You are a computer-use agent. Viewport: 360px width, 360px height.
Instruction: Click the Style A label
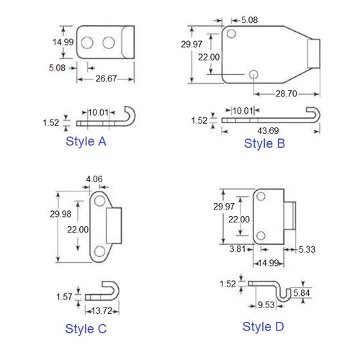86,141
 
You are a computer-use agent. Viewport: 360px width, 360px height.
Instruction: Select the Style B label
264,143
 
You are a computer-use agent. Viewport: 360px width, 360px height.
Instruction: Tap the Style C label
86,329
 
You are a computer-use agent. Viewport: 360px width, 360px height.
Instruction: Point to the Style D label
264,326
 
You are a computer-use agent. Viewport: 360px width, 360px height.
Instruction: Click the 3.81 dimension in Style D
236,250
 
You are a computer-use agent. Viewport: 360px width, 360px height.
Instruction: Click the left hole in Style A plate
86,43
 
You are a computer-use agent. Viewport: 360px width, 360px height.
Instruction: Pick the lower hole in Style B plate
253,74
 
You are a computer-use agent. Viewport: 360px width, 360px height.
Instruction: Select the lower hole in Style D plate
260,235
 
